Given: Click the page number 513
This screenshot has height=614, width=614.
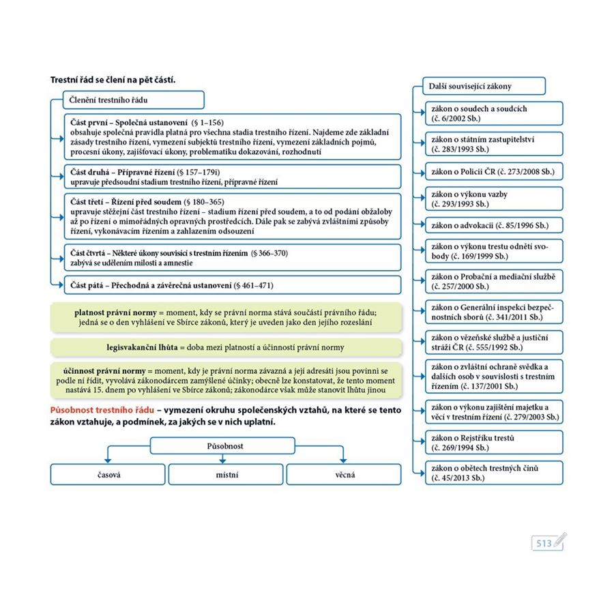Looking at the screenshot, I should [543, 543].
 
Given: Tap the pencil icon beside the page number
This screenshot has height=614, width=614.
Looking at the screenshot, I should [560, 540].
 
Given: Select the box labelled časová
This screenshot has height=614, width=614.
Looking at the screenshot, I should [108, 474].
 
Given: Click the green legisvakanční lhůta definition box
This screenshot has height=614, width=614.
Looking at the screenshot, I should [225, 347].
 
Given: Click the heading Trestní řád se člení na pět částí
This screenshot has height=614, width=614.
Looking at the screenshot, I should [113, 80].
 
